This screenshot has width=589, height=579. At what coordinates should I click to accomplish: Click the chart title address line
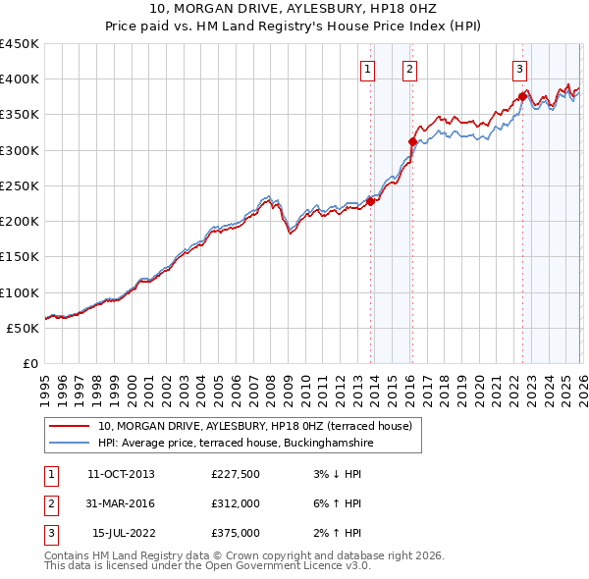tap(294, 10)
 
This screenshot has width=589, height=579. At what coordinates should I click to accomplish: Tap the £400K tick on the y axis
tap(20, 79)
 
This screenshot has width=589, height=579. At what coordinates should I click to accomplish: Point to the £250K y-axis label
tap(20, 185)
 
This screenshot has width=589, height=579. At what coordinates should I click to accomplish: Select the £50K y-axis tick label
tap(24, 328)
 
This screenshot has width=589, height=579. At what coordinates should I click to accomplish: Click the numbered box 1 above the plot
tap(366, 69)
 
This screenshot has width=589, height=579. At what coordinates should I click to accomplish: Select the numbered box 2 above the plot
tap(408, 69)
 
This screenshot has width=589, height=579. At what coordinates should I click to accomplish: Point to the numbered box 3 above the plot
tap(518, 69)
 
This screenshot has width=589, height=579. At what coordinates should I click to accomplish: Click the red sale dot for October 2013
tap(370, 201)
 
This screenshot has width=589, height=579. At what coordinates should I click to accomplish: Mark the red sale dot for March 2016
tap(412, 142)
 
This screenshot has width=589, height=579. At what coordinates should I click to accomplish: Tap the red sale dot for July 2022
tap(521, 97)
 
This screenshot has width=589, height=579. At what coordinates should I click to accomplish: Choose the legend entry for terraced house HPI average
tap(236, 444)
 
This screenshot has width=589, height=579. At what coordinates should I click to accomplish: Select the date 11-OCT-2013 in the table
tap(121, 474)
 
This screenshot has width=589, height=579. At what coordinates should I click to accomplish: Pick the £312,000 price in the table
tap(236, 503)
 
